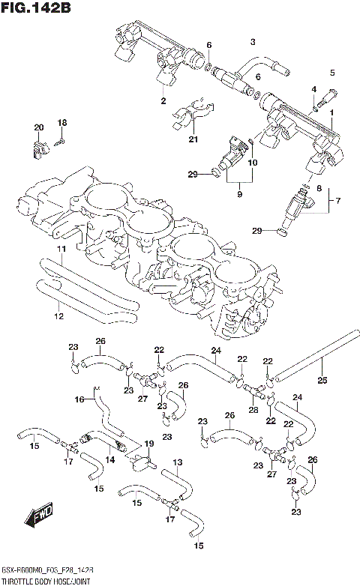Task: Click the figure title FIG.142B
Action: coord(37,10)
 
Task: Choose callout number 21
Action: coord(193,140)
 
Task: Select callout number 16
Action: coord(79,400)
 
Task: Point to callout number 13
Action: coord(177,462)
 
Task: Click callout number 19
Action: coord(148,444)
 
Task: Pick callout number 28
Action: coord(253,410)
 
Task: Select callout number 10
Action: coord(253,163)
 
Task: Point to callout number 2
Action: coord(162,100)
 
